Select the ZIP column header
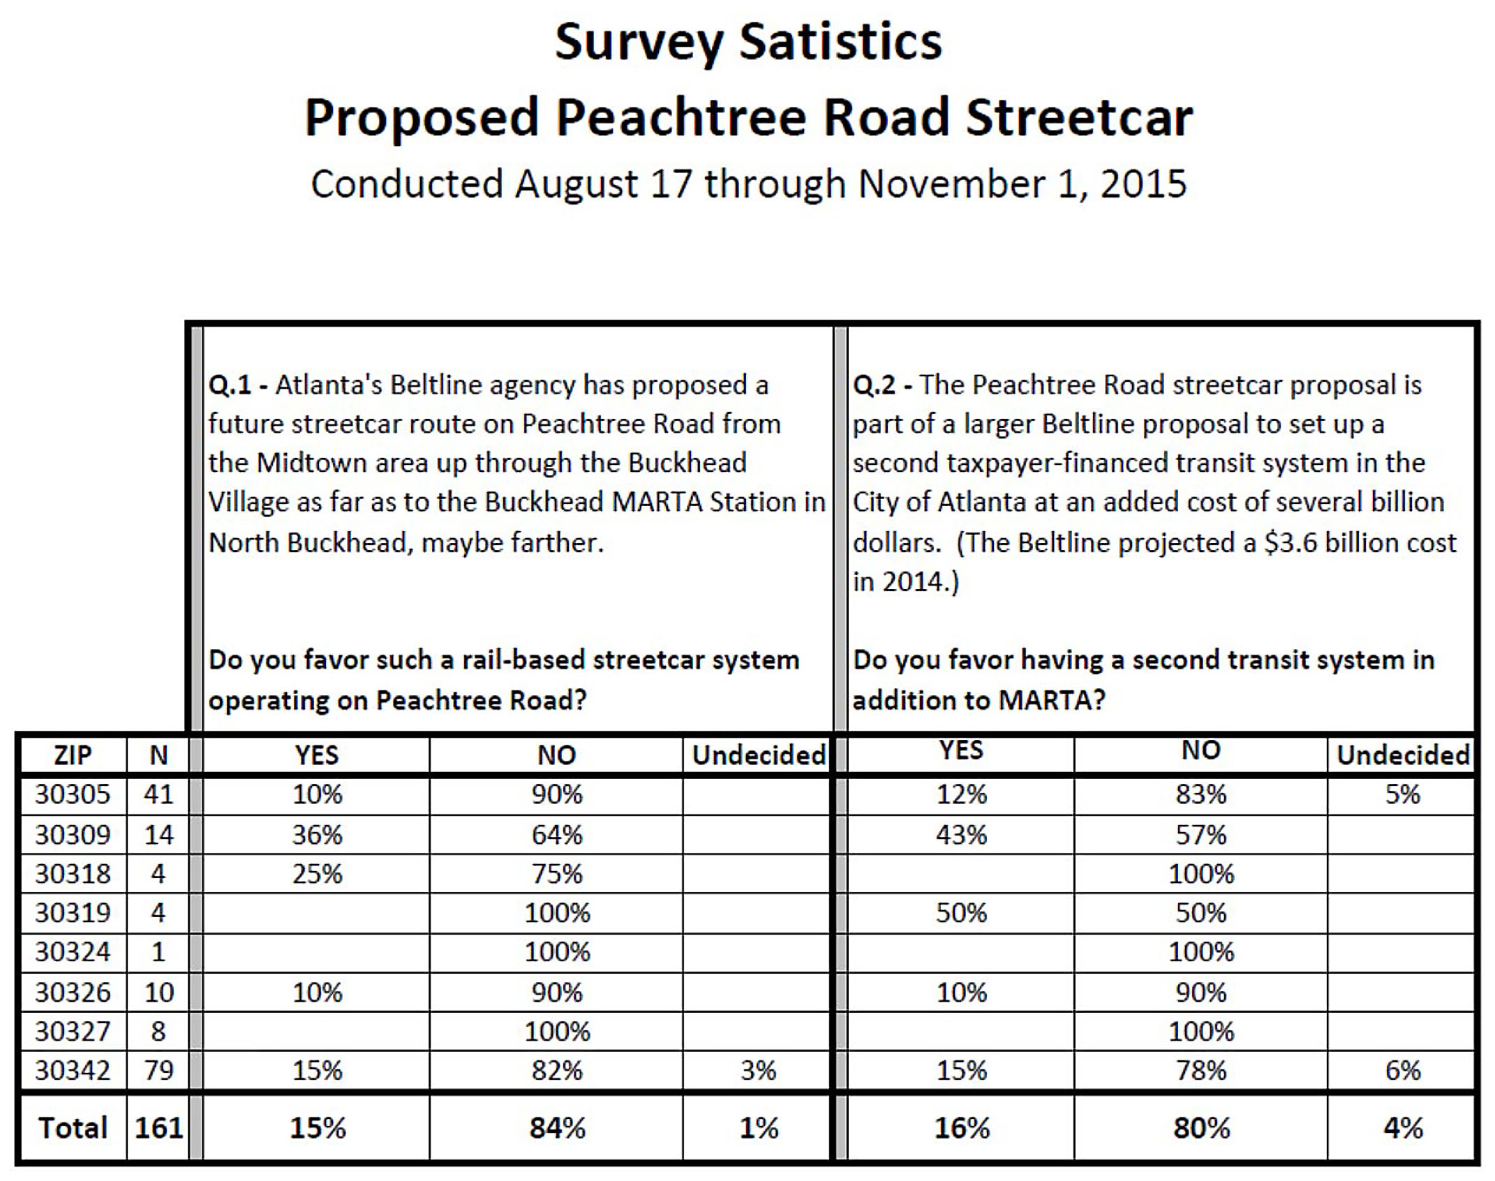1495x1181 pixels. [73, 755]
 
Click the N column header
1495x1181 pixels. [158, 755]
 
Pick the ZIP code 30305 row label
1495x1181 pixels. [73, 794]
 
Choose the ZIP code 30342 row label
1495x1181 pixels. [73, 1070]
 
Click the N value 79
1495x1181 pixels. [158, 1070]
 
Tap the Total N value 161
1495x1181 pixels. [158, 1128]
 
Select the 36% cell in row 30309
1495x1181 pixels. [317, 835]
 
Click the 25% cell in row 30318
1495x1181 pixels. [317, 874]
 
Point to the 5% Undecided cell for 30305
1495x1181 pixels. [1402, 794]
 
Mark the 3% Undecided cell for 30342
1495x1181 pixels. [758, 1070]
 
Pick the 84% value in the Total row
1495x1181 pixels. [557, 1128]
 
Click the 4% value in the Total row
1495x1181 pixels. [1403, 1128]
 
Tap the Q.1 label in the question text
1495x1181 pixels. [230, 385]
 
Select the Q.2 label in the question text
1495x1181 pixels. [874, 385]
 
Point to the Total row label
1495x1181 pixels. [73, 1128]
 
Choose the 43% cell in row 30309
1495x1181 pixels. [961, 835]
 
